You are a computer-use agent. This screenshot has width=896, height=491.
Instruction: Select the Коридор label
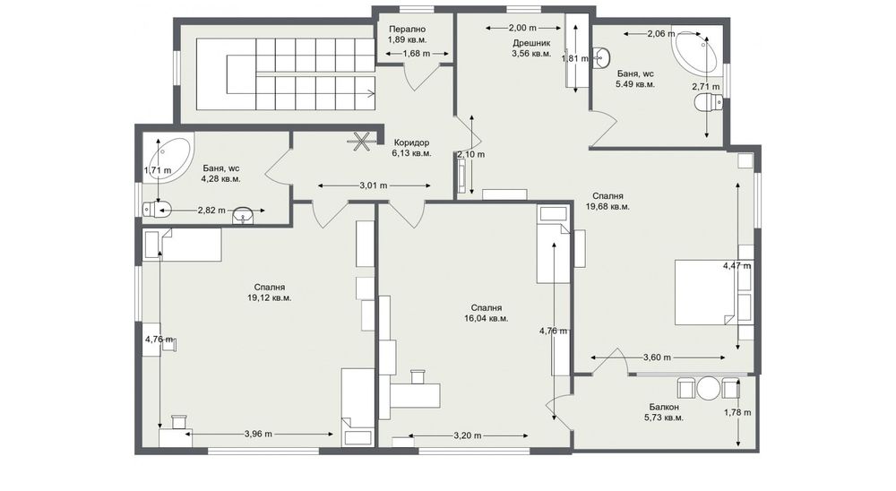pyautogui.click(x=411, y=142)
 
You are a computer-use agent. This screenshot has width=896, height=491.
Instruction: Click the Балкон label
pyautogui.click(x=664, y=406)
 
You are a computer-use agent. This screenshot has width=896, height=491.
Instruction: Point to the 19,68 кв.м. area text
pyautogui.click(x=607, y=206)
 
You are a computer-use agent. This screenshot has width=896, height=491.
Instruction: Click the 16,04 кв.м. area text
pyautogui.click(x=487, y=318)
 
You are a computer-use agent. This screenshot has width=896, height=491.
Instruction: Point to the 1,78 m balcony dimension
pyautogui.click(x=737, y=413)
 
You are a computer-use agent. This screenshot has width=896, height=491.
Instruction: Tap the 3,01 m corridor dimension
pyautogui.click(x=373, y=186)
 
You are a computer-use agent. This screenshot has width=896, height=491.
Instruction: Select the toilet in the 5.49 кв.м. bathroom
pyautogui.click(x=708, y=104)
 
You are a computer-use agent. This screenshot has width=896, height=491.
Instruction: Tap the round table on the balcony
pyautogui.click(x=709, y=389)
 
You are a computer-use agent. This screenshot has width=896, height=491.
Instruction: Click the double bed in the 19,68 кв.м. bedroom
pyautogui.click(x=708, y=292)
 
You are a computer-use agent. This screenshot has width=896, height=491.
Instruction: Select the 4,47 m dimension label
pyautogui.click(x=737, y=265)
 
